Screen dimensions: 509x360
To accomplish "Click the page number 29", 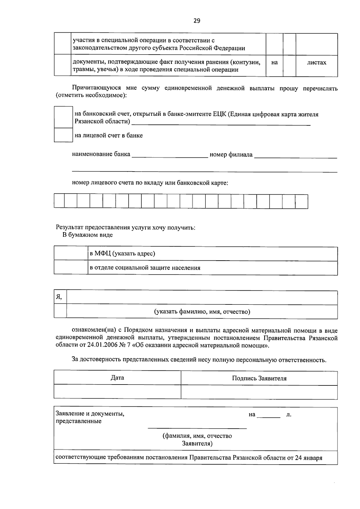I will (196, 21).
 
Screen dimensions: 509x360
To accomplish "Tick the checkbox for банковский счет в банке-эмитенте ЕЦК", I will (63, 117).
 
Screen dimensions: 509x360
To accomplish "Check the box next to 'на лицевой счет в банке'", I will (63, 135).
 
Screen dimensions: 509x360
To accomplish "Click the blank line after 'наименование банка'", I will (170, 155).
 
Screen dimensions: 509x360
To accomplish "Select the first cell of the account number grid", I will (59, 201).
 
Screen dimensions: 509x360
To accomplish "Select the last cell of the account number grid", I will (301, 201).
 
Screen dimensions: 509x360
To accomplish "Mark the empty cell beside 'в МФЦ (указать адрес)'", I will (71, 254).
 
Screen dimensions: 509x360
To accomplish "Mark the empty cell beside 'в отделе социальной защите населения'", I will (71, 268).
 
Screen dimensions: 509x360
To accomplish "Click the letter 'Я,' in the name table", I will (59, 297).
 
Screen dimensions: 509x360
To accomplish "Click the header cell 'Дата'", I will (117, 378).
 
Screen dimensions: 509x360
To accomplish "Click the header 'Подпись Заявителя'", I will (259, 378).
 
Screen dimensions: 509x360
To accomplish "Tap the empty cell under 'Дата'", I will (117, 392).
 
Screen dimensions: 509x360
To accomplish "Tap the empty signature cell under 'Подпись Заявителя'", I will (259, 392).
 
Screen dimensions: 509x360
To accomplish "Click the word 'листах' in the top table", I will (316, 63).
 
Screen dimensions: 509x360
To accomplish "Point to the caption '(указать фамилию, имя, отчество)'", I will (202, 312).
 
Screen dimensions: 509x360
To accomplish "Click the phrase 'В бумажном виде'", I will (87, 235).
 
